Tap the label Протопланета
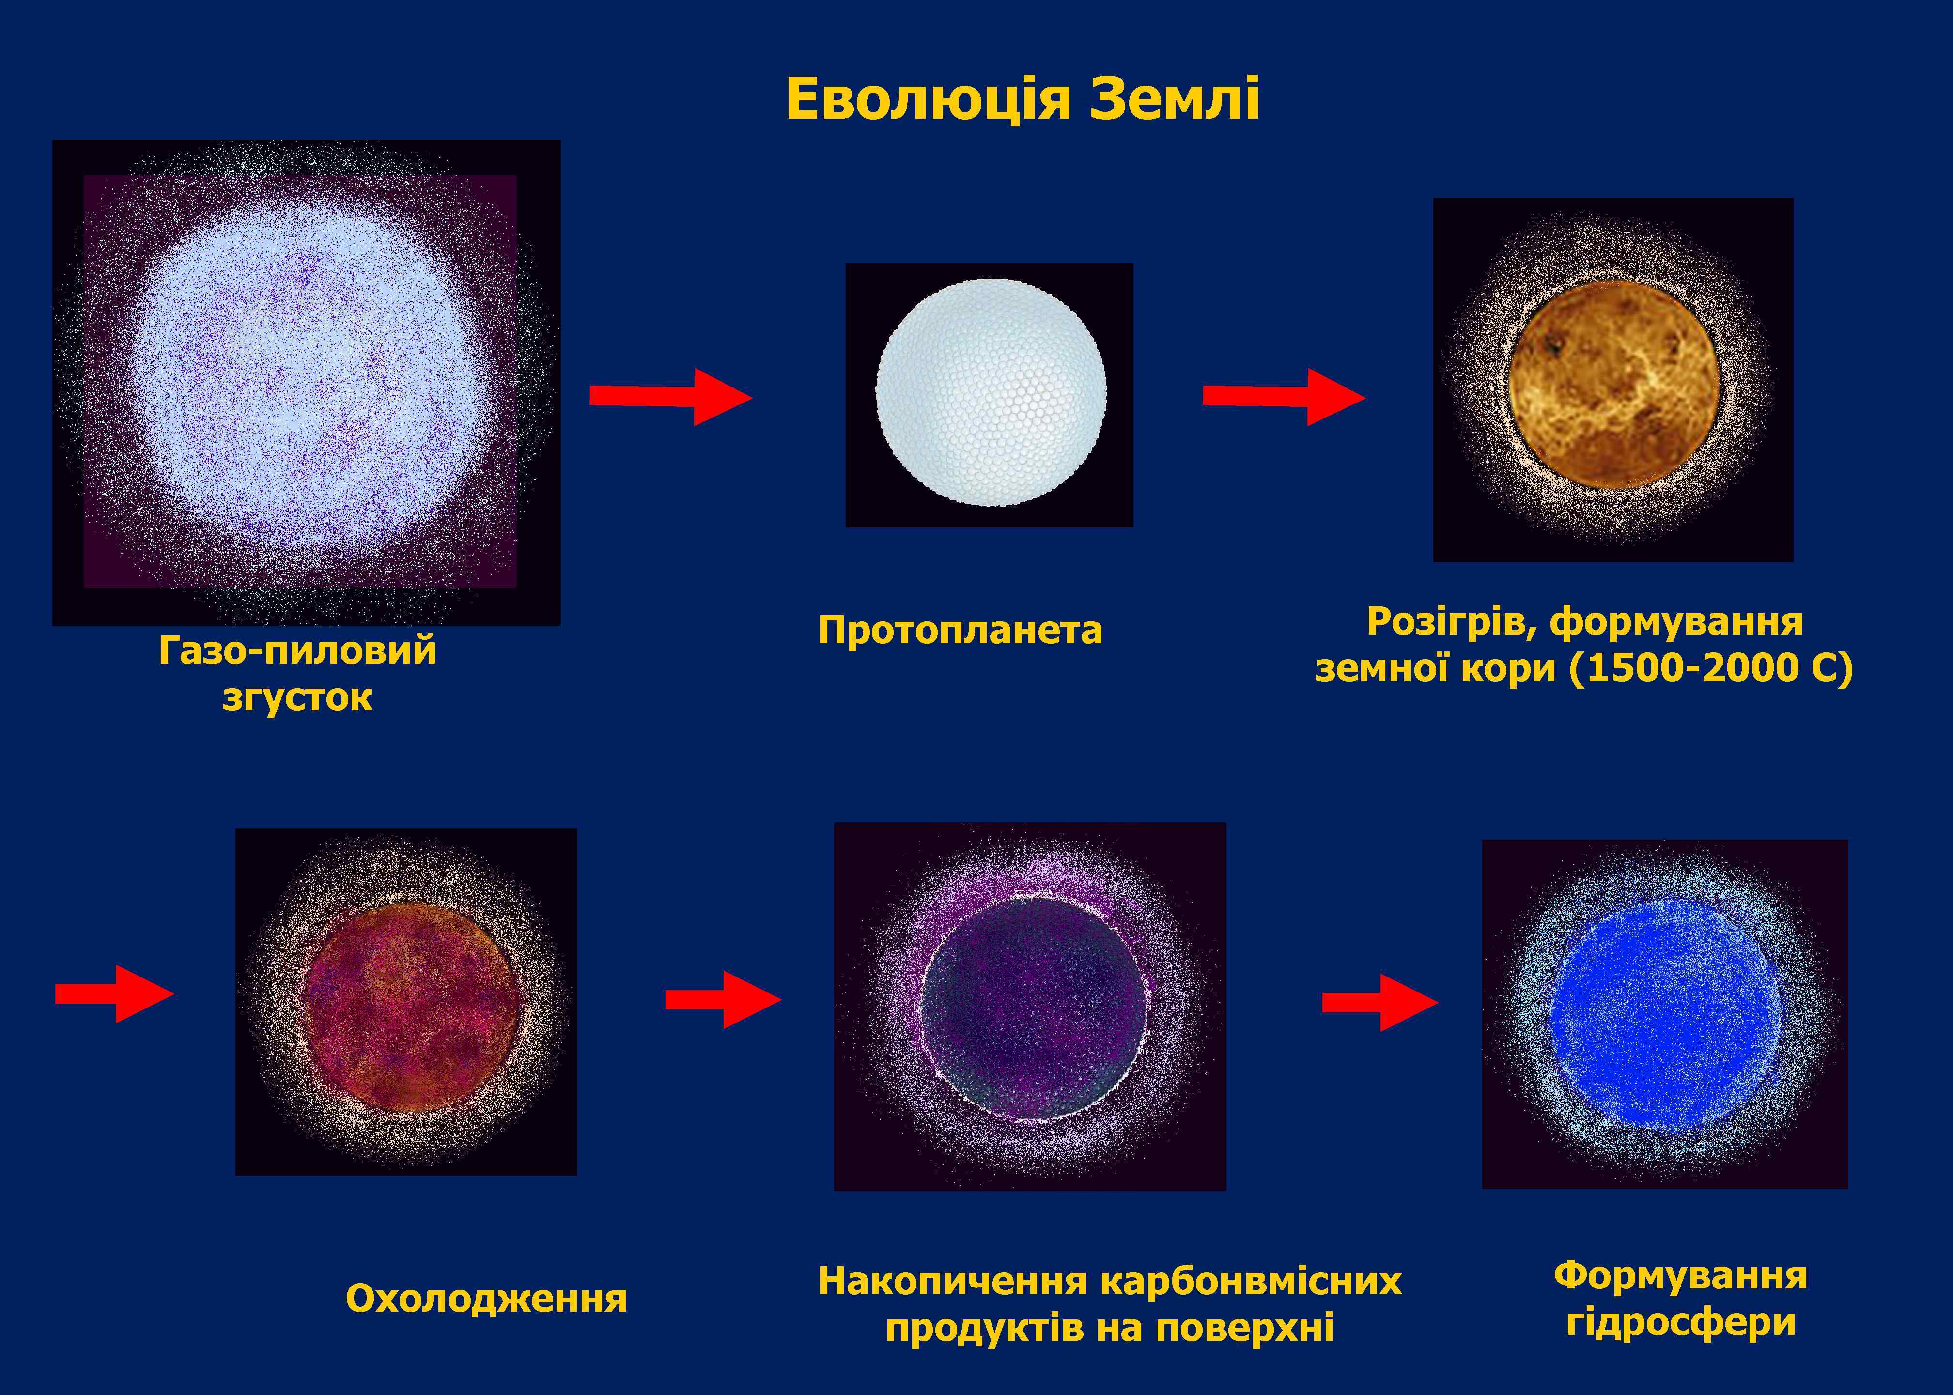(x=960, y=631)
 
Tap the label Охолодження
(x=486, y=1299)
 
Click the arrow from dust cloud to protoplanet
(x=670, y=396)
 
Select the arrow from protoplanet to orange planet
(x=1283, y=396)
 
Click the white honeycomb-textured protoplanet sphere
(x=990, y=392)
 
